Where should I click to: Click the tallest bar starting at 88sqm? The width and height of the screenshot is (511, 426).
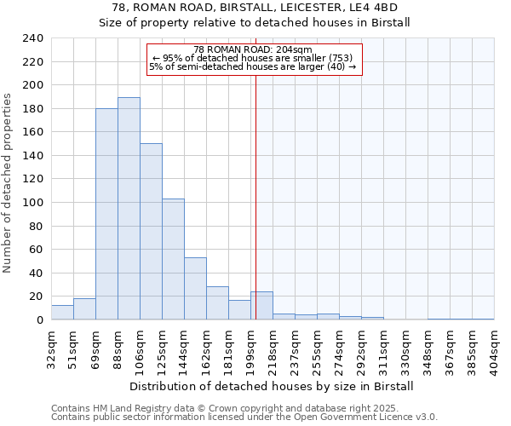[x=129, y=209]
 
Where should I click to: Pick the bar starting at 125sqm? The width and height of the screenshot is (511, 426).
[x=173, y=259]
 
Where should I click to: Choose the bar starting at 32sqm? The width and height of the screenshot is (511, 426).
[x=62, y=313]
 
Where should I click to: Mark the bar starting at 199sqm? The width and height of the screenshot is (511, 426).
[x=261, y=306]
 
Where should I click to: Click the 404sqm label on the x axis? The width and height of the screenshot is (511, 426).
[x=494, y=347]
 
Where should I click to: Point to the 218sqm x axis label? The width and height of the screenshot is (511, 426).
[x=273, y=347]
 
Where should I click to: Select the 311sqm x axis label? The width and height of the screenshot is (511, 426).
[x=383, y=347]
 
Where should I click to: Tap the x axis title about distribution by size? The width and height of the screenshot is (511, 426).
[x=273, y=386]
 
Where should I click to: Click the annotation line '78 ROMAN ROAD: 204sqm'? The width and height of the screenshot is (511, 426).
[x=253, y=49]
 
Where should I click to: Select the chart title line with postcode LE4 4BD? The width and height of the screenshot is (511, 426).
[x=255, y=8]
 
